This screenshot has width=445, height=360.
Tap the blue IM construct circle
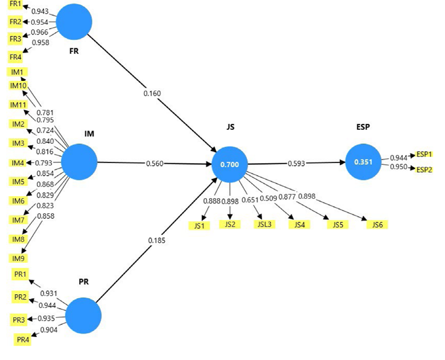click(x=78, y=162)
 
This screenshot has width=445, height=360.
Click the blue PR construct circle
click(x=83, y=316)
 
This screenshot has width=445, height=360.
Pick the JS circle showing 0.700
click(x=229, y=164)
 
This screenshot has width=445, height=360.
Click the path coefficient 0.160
click(x=152, y=94)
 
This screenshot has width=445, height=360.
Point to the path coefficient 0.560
click(x=155, y=163)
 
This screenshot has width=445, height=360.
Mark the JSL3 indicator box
click(x=263, y=225)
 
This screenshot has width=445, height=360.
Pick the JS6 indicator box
click(x=377, y=225)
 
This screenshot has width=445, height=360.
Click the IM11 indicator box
click(x=18, y=104)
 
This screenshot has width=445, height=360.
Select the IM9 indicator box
click(x=18, y=259)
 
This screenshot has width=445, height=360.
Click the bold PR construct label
click(x=83, y=282)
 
